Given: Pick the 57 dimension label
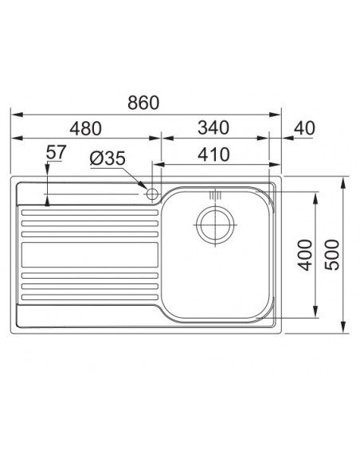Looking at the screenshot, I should coord(56,151).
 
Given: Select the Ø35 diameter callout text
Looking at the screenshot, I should coord(107,158).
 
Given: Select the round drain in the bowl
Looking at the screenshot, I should coord(213,224).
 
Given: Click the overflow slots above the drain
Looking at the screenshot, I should coord(213,195).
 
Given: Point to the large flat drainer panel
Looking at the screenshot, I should coord(88,255).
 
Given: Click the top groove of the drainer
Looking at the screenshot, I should coord(88,211).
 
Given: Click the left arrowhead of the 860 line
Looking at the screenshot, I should coord(14,113).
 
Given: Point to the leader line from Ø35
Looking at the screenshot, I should coord(135,175).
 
